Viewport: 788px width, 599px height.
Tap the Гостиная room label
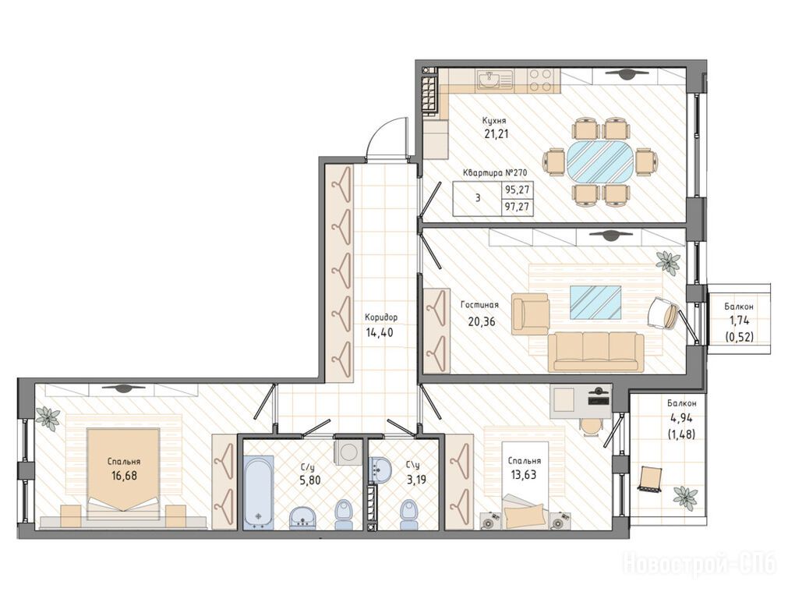(x=479, y=305)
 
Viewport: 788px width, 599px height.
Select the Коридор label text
(x=381, y=317)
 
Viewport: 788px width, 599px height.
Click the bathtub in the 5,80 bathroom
(x=259, y=492)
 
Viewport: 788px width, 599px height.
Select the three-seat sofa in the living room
(x=595, y=351)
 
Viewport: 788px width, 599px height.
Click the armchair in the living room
(x=530, y=314)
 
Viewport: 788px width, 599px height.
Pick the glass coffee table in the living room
(x=595, y=303)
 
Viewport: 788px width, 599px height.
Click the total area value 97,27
(x=518, y=206)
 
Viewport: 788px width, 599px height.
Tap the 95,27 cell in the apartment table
(x=518, y=190)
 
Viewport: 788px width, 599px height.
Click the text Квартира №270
(x=494, y=173)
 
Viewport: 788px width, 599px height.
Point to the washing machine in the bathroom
(x=348, y=452)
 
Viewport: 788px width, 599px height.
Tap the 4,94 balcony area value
(x=681, y=416)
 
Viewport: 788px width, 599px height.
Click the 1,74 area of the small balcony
(x=739, y=321)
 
